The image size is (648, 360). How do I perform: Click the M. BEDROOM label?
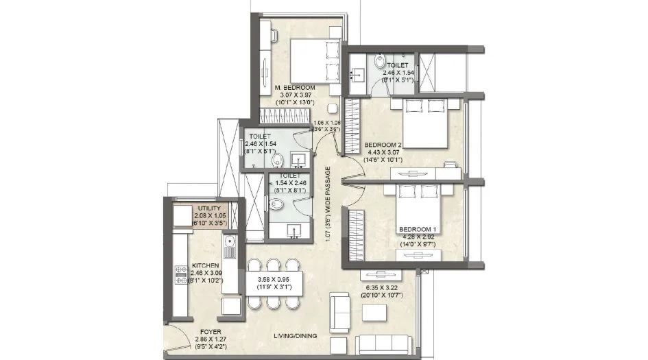pyautogui.click(x=295, y=88)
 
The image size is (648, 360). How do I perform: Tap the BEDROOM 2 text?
pyautogui.click(x=382, y=145)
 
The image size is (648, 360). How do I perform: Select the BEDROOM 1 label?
pyautogui.click(x=418, y=228)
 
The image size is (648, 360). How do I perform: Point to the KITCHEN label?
pyautogui.click(x=205, y=265)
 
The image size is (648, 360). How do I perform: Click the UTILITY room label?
pyautogui.click(x=209, y=207)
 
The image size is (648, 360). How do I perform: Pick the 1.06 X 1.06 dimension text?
pyautogui.click(x=325, y=124)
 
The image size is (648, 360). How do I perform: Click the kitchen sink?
pyautogui.click(x=230, y=242)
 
